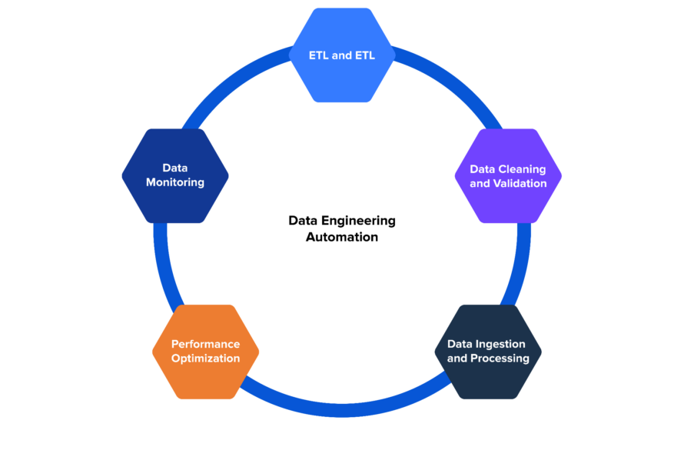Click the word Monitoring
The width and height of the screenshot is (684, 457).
coord(175,182)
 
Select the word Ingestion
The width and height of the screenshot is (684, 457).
coord(500,344)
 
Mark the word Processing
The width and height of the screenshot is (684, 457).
coord(500,359)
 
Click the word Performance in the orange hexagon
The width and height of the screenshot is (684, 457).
coord(205,344)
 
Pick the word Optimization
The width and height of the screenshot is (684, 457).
coord(205,359)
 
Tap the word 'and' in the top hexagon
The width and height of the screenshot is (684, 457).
coord(342,55)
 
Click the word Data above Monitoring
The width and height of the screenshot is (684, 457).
coord(175,168)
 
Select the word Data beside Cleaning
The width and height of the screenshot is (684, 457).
coord(482,169)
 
